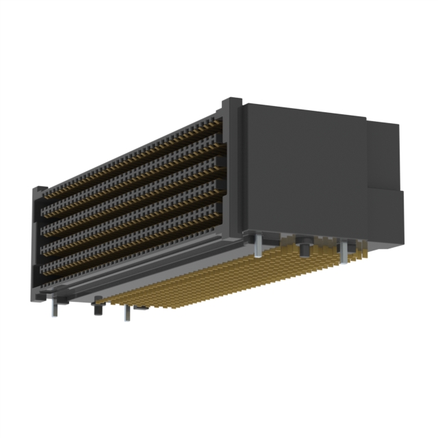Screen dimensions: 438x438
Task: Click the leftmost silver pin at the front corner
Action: pos(53,309)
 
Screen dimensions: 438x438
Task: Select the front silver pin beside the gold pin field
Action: pos(125,312)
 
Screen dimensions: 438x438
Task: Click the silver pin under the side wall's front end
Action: pos(257,246)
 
